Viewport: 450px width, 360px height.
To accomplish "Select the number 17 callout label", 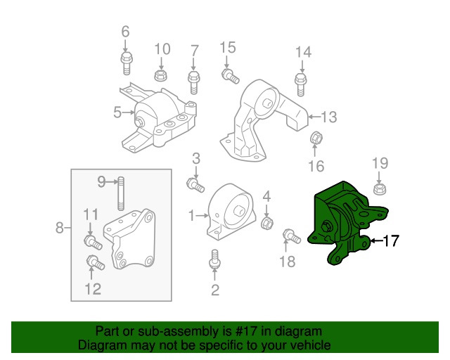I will pos(390,241).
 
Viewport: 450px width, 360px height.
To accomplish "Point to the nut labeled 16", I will pos(316,139).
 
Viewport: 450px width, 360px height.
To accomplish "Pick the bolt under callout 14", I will pos(300,85).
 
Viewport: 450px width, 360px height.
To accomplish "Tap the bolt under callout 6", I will pos(127,63).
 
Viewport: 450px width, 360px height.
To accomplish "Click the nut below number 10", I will pos(160,75).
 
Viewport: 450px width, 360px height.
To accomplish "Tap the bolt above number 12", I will pos(94,264).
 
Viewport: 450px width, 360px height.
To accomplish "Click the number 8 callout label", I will pos(60,227).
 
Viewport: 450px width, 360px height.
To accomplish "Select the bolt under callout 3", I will pos(195,185).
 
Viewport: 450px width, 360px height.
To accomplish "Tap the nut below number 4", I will pos(267,223).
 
